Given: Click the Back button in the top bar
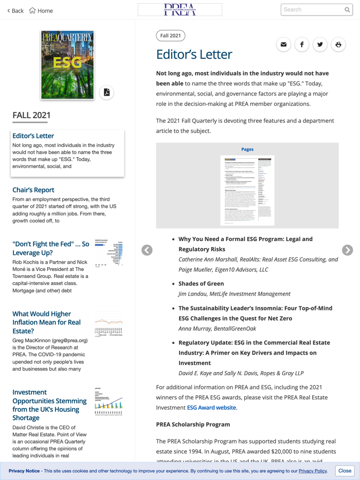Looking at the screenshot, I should pos(15,10).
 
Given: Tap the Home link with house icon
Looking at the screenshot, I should pos(41,10).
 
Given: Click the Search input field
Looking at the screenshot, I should pos(312,10).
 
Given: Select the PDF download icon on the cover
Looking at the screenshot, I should pos(106,93).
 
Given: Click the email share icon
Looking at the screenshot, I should pos(283,45).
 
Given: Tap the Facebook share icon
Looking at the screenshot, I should pos(302,45).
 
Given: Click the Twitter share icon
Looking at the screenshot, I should pos(320,45).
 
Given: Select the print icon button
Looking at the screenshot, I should pos(338,45).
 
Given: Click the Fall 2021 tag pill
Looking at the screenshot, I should pos(170,35).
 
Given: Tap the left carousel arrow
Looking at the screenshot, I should pos(147,250).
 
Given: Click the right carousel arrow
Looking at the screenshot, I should pos(348,250).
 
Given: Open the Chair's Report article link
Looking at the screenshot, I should pos(33,190).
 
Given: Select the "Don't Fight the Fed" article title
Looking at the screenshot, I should pos(50,248).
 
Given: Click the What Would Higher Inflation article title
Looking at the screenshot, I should pos(46,322).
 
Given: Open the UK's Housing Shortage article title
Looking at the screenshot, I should pos(49,405).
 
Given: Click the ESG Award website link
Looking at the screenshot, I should pos(211,408).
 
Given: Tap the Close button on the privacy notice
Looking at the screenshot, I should pos(345,471).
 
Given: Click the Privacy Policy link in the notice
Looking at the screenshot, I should pos(313,471).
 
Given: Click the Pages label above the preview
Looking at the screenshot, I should pos(247,150).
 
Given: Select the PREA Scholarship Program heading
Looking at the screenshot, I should pos(193,424).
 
